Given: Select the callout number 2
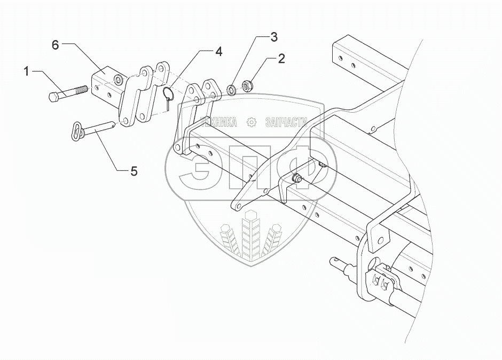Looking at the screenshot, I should coord(280,58).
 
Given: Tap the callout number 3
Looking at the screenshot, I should coord(273,37).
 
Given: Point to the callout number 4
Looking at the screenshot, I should coord(218,51).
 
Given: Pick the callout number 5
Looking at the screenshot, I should coord(134,171).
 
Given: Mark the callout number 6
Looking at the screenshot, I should coord(55,45).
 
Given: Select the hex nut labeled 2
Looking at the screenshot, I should coord(247,85).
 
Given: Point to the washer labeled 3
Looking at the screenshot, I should coord(231,89).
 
